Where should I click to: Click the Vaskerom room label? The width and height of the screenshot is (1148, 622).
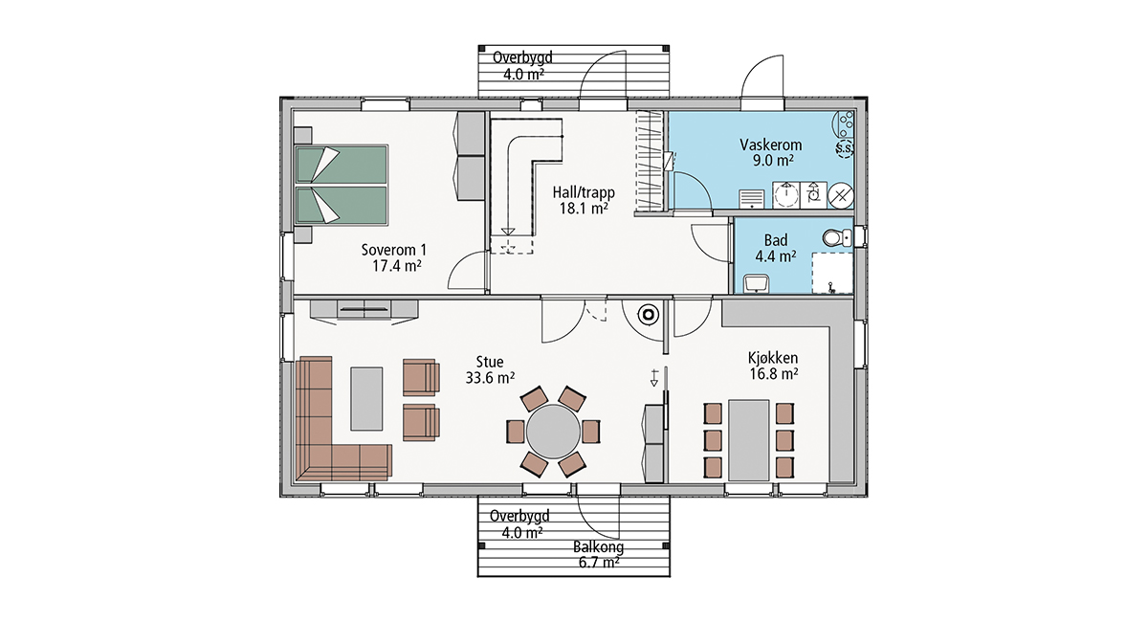(x=770, y=144)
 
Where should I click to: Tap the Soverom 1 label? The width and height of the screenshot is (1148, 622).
(x=393, y=250)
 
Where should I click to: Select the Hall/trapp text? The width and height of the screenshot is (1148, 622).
(x=584, y=192)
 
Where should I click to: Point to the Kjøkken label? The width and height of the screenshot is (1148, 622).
(x=773, y=358)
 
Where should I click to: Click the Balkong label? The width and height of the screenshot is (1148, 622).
(x=598, y=547)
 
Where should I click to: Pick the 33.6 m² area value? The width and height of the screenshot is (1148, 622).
(x=490, y=378)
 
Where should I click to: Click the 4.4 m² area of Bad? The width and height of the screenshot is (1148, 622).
(x=776, y=255)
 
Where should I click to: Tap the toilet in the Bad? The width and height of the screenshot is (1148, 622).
(x=837, y=238)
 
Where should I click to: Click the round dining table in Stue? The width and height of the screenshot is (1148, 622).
(x=553, y=432)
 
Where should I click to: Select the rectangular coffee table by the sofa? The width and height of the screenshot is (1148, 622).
(x=366, y=398)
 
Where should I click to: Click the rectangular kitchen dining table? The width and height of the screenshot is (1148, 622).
(x=749, y=440)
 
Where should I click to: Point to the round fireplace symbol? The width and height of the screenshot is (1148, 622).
(x=649, y=314)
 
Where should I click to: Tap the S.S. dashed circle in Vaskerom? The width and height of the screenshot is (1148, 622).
(x=844, y=148)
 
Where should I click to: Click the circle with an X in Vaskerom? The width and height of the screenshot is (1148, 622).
(x=841, y=195)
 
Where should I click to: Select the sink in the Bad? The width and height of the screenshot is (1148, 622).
(x=757, y=283)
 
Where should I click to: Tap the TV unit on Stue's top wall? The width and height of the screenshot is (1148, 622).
(x=364, y=311)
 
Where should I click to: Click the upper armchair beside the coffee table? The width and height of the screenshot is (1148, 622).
(x=421, y=377)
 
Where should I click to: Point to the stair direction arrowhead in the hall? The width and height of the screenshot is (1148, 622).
(x=508, y=232)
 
